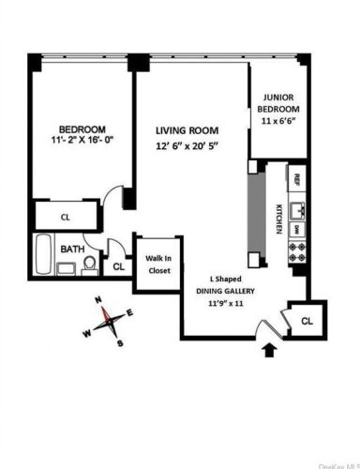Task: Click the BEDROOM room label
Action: pyautogui.click(x=82, y=129)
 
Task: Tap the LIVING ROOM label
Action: pyautogui.click(x=187, y=130)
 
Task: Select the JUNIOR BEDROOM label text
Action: pyautogui.click(x=278, y=102)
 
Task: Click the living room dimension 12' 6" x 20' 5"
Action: pyautogui.click(x=187, y=146)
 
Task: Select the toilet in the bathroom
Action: pyautogui.click(x=90, y=265)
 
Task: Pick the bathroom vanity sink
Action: pyautogui.click(x=67, y=268)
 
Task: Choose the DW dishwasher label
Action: pyautogui.click(x=295, y=228)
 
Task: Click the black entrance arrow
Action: pyautogui.click(x=271, y=351)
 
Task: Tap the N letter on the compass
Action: pyautogui.click(x=97, y=300)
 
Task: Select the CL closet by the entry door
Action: pyautogui.click(x=307, y=320)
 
